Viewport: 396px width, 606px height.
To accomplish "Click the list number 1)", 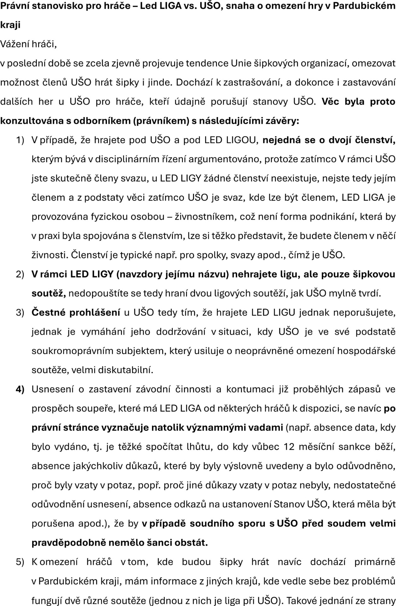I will (x=20, y=140).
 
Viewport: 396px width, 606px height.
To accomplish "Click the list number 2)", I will (x=20, y=274).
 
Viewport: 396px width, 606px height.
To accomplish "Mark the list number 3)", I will (x=20, y=312).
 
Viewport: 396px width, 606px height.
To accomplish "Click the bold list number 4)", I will (x=20, y=389).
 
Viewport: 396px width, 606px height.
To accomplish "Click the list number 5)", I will (x=20, y=562).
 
